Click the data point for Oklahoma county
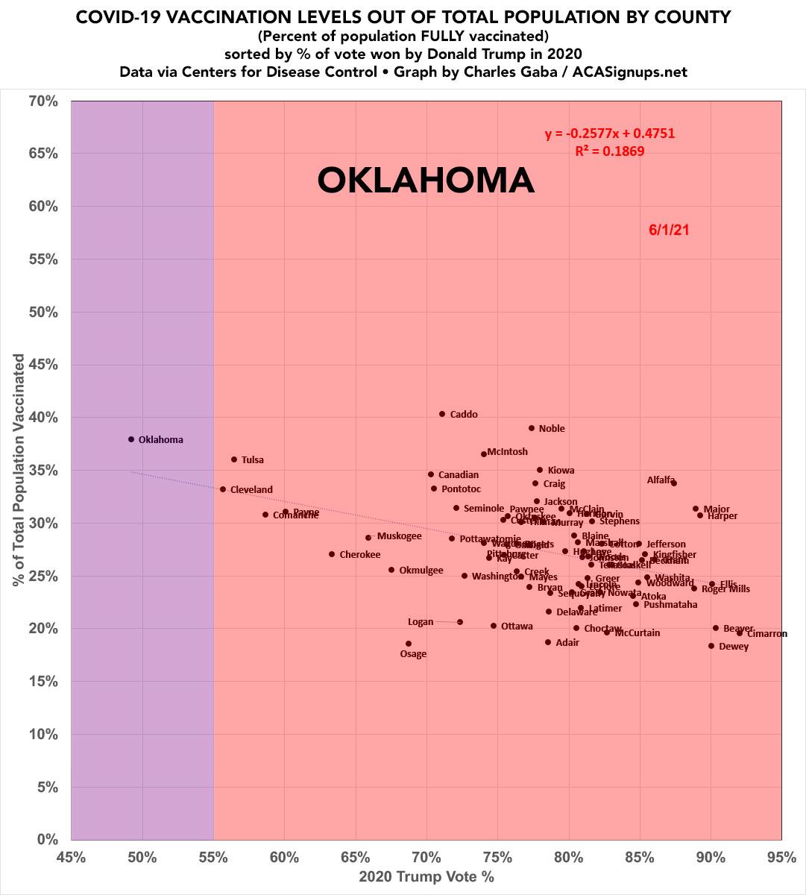131,439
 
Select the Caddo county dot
442,414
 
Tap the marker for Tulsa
234,459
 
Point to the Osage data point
409,644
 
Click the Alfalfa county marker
674,483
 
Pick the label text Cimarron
766,634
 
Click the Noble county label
552,429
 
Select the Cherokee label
360,555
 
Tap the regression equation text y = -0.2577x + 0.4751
610,134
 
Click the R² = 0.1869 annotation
610,151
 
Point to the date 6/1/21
669,230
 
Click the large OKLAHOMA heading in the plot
426,180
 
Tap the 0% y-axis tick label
47,840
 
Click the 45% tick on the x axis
71,857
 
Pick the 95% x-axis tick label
781,857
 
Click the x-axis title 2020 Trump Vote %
426,877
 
